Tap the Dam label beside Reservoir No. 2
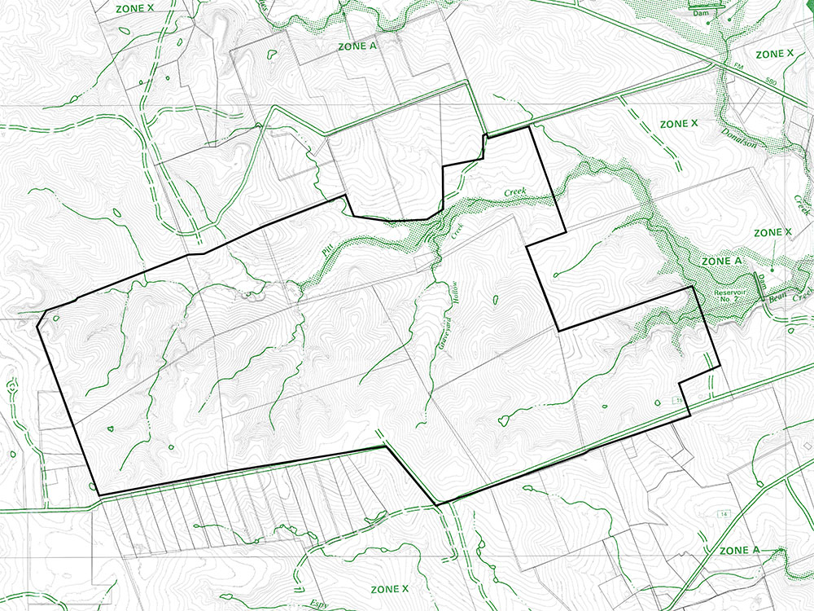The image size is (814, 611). pos(763,282)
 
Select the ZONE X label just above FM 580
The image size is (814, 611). pos(774,54)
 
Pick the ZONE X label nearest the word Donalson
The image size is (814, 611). pos(679,124)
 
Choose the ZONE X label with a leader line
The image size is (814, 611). pos(772,233)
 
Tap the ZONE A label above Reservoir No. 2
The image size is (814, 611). pos(721,261)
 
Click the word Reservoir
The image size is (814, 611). pos(729,291)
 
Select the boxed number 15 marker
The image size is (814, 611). pos(676,401)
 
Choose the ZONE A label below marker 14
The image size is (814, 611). pos(739,551)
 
